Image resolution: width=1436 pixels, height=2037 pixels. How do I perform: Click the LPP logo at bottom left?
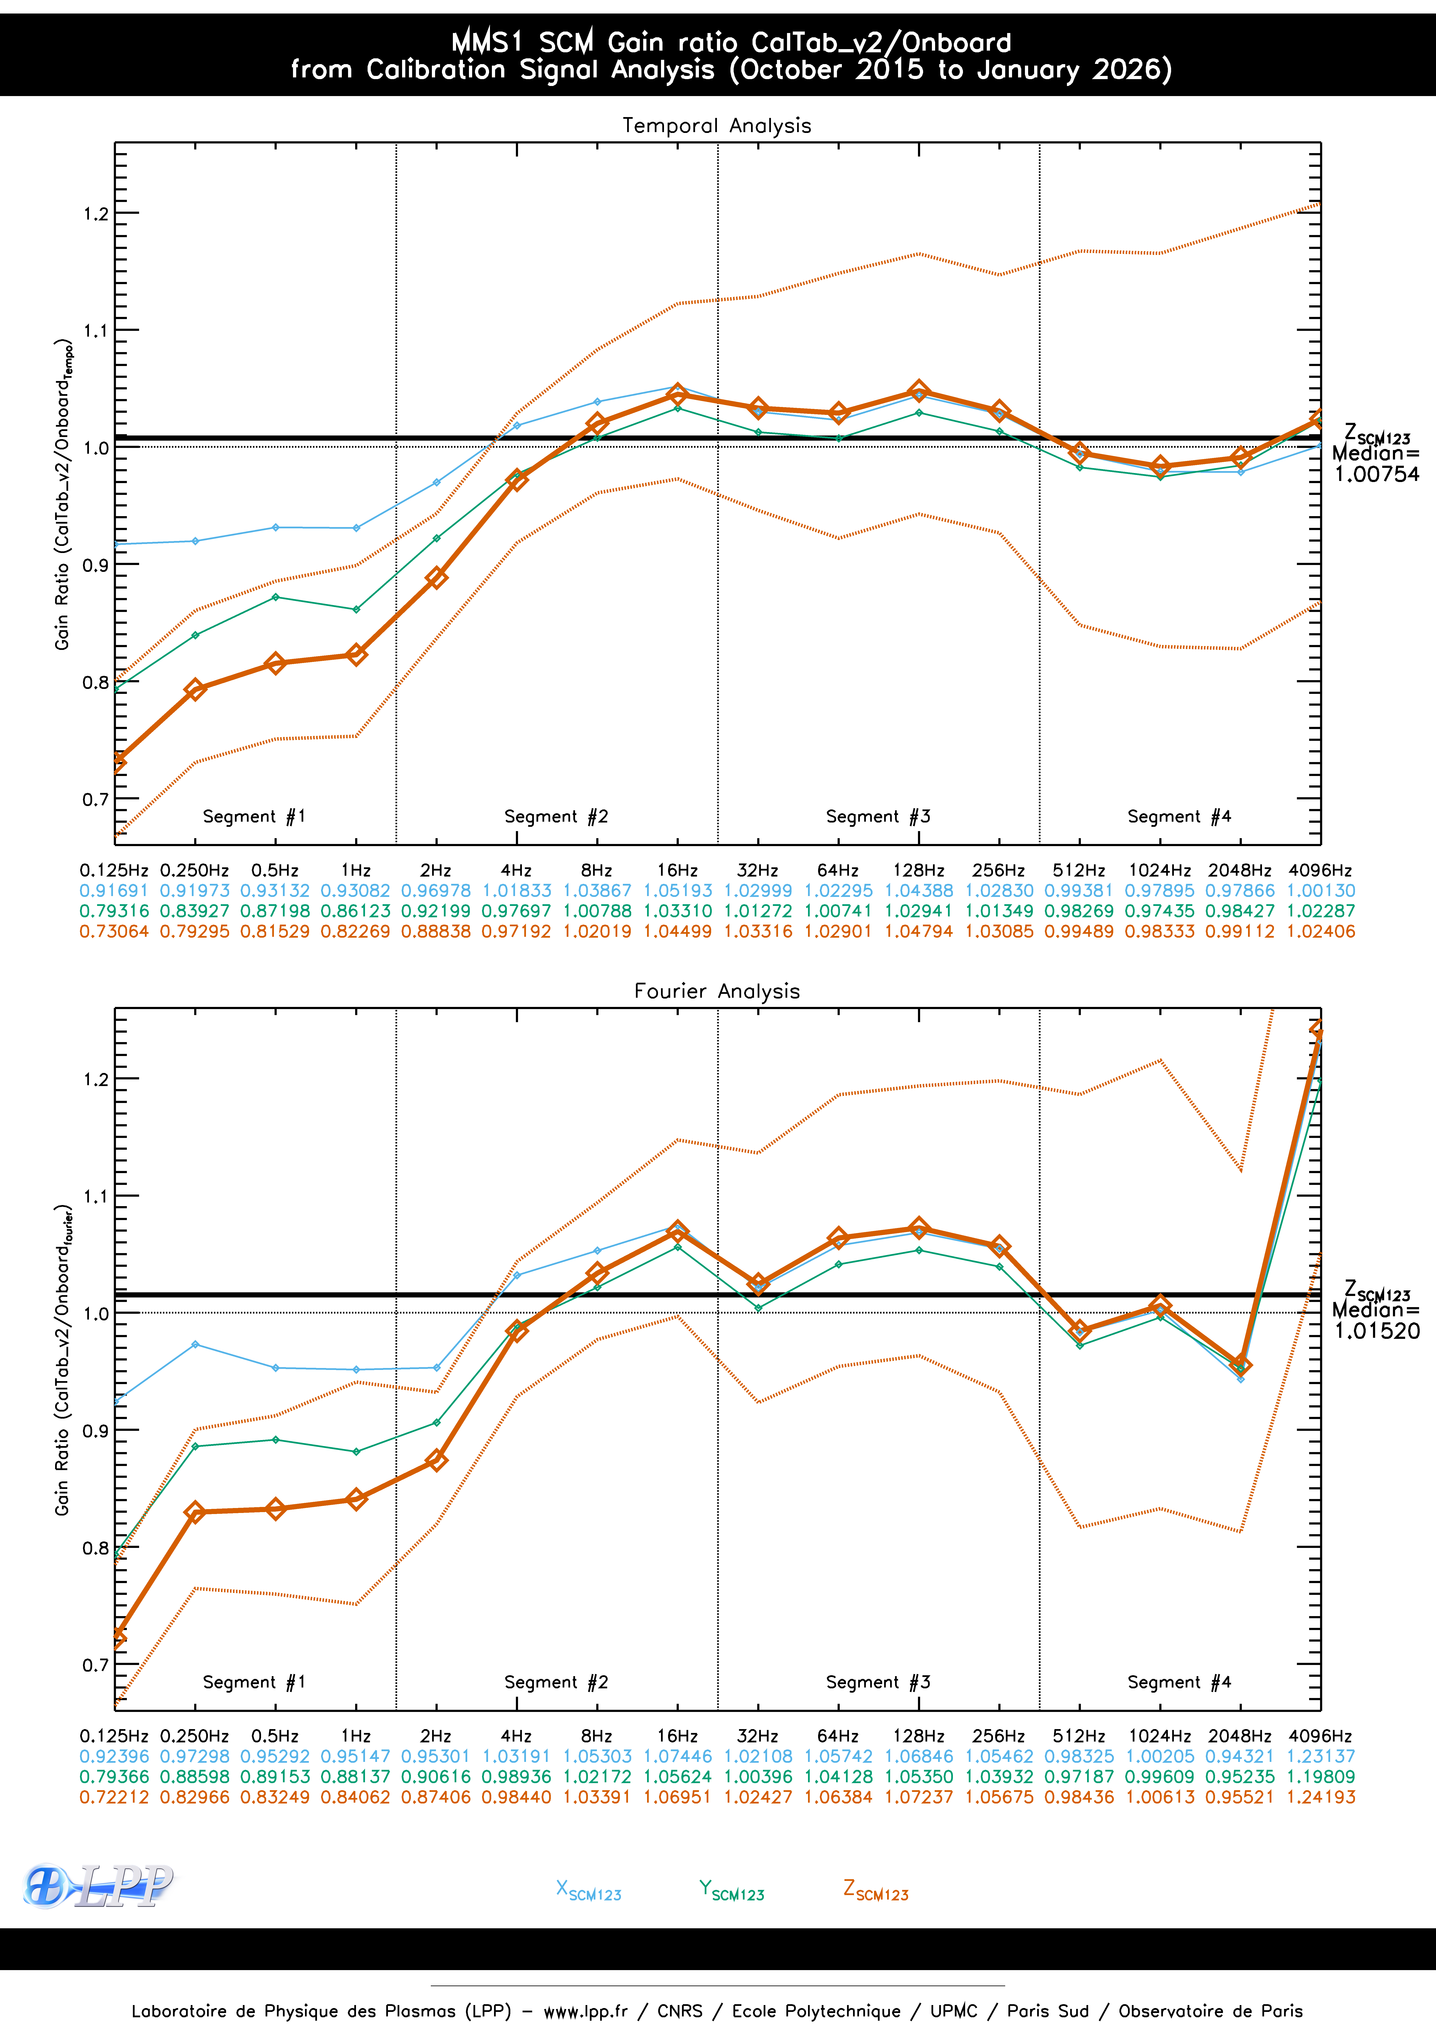point(98,1885)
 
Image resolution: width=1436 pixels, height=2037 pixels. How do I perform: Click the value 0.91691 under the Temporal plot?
point(114,891)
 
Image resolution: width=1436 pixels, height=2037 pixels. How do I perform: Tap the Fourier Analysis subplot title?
point(717,991)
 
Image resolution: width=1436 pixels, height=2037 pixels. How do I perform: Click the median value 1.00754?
point(1377,475)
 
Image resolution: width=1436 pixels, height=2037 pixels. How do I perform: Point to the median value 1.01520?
point(1377,1331)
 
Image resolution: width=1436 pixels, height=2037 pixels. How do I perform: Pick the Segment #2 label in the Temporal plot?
point(556,816)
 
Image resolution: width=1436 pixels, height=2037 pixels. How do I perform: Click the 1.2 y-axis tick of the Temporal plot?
point(96,214)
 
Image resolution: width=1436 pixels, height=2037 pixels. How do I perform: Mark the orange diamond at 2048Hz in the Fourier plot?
point(1240,1365)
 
